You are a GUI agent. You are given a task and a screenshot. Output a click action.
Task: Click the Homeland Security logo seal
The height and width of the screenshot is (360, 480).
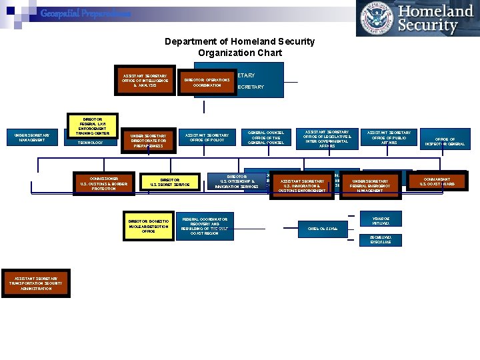click(376, 19)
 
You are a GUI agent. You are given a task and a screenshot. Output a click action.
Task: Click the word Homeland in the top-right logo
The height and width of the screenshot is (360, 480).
click(435, 11)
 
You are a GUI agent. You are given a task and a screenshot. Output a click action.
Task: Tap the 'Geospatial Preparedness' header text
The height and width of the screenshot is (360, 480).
click(85, 13)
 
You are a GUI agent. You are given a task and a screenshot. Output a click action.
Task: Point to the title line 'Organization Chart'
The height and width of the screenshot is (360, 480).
click(239, 53)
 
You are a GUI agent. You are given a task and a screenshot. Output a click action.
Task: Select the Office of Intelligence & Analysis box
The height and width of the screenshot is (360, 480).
click(145, 81)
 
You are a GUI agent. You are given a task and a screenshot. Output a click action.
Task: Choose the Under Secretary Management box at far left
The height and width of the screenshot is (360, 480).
click(32, 137)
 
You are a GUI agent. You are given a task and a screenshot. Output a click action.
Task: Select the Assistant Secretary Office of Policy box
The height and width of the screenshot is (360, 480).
click(211, 137)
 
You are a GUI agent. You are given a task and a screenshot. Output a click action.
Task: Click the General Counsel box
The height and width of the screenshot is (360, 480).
click(266, 137)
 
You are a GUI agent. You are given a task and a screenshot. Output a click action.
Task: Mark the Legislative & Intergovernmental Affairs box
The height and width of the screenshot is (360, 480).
click(327, 139)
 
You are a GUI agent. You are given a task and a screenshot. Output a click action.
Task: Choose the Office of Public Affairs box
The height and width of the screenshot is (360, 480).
click(389, 137)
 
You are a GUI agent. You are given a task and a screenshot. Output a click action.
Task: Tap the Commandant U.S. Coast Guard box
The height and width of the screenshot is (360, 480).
click(437, 181)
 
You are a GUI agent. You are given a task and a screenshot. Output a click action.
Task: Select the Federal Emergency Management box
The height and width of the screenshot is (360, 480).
click(370, 185)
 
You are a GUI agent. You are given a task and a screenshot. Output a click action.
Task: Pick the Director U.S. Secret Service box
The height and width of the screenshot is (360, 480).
click(170, 182)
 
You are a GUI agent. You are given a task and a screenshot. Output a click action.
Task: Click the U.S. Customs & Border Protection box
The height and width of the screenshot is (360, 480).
click(103, 183)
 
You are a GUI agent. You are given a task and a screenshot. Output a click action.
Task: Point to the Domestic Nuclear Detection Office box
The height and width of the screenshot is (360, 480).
click(149, 226)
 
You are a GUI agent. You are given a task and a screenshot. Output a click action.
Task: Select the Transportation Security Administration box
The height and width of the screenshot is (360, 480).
click(36, 283)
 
